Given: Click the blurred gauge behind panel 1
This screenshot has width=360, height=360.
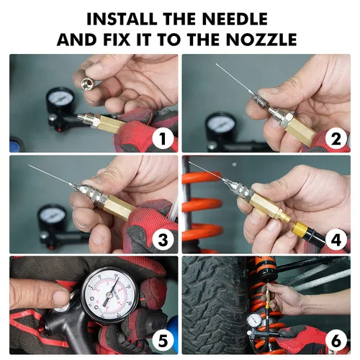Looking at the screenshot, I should click(62, 102).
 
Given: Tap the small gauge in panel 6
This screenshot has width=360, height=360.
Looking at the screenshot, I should click(253, 319).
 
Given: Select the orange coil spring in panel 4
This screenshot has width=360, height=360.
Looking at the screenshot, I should click(202, 205).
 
